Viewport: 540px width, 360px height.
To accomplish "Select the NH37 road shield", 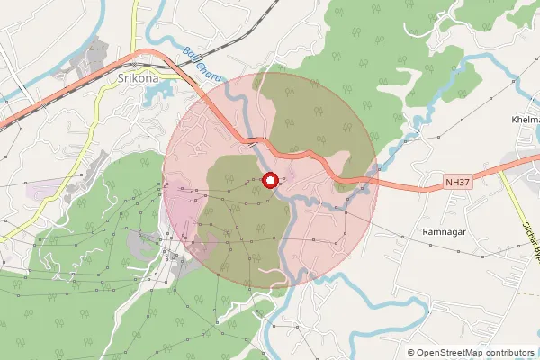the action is tap(458, 184).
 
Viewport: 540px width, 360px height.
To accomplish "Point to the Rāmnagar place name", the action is tap(442, 232).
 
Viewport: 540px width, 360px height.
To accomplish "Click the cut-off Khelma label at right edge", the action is tap(526, 120).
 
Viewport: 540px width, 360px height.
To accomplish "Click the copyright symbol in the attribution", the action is tap(411, 352).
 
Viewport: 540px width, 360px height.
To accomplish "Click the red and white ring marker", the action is tap(269, 181).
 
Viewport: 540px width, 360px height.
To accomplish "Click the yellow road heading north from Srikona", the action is tap(135, 27).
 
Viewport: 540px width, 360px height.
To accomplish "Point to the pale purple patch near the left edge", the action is tap(40, 190).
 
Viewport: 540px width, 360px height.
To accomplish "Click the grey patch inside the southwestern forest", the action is tap(144, 241).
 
